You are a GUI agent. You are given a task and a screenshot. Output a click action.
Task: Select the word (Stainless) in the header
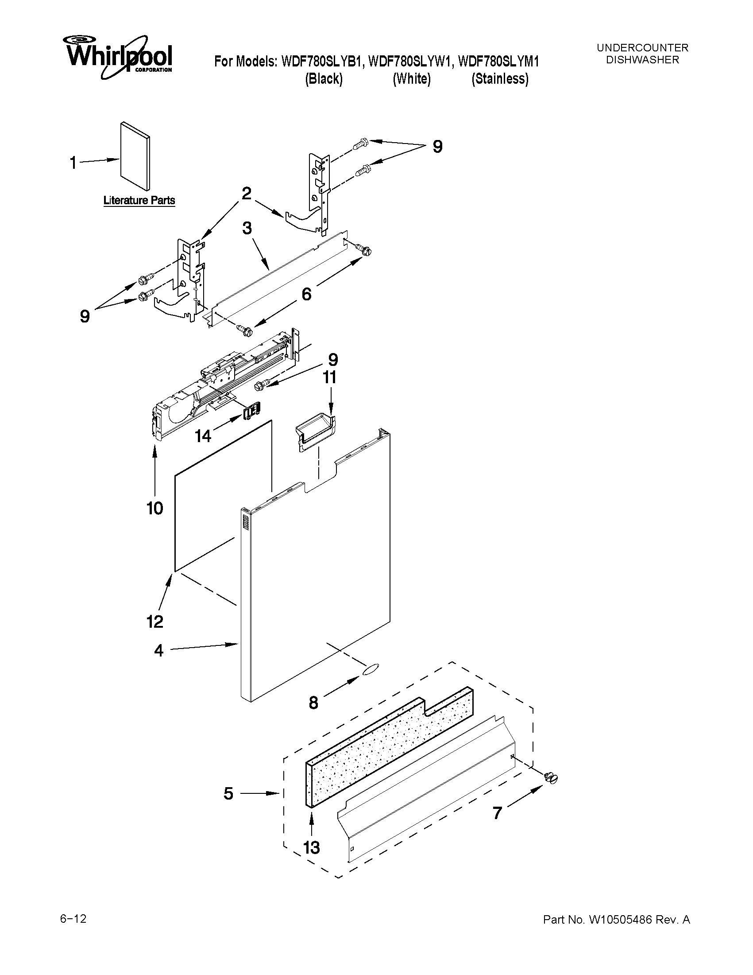pos(500,79)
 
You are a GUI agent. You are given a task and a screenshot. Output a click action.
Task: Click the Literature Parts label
pos(139,200)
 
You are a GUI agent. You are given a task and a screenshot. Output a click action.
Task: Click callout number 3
pos(247,228)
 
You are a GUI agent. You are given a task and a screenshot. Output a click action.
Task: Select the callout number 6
pos(306,294)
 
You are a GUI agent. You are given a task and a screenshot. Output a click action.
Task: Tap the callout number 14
pos(203,436)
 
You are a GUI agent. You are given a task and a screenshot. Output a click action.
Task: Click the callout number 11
pos(330,378)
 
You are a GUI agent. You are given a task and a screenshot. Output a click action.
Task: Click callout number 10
pos(155,508)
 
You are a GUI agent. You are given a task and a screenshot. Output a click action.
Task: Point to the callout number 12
pos(155,622)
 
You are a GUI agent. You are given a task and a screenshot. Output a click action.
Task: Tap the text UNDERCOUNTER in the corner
pos(642,48)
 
